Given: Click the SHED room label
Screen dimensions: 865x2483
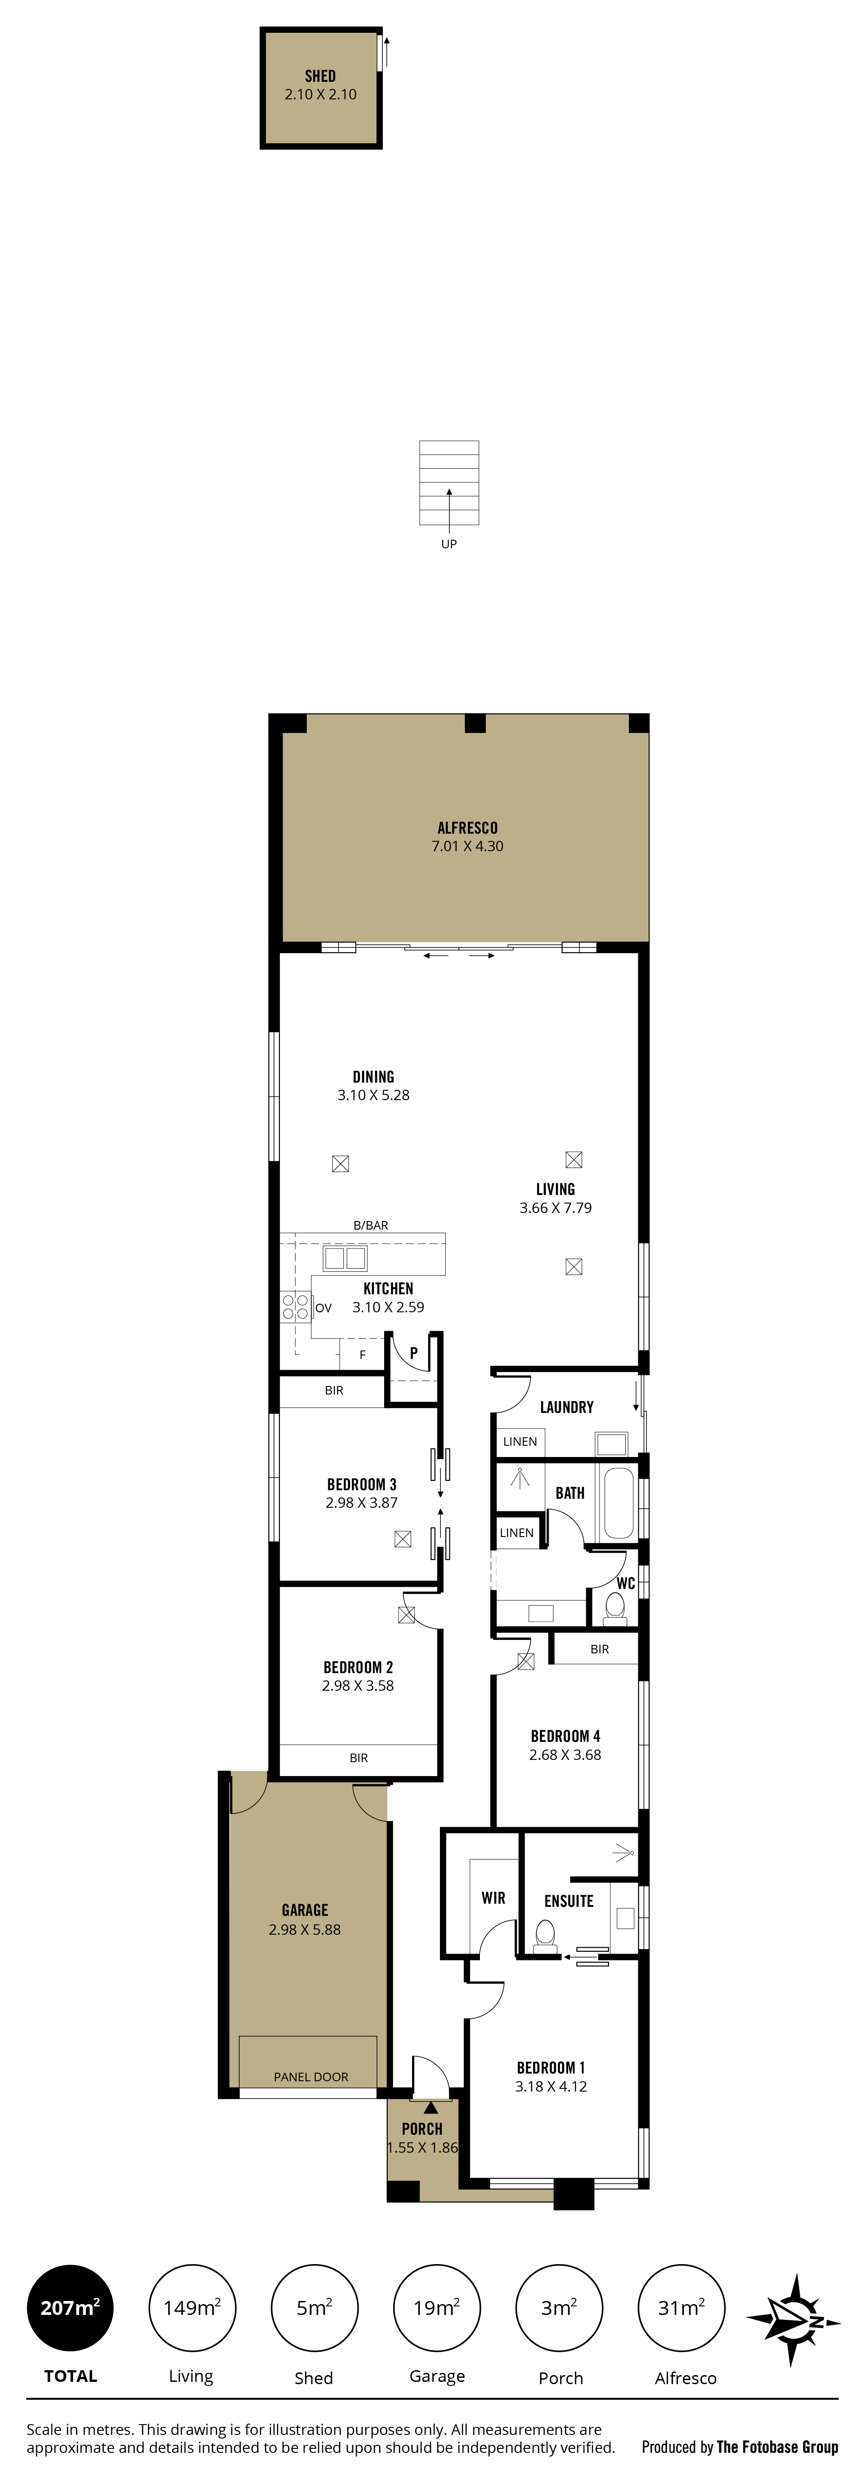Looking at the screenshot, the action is [320, 76].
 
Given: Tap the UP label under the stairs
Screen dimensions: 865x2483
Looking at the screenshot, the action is [448, 544].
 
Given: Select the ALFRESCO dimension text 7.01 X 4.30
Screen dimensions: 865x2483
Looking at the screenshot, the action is [468, 846].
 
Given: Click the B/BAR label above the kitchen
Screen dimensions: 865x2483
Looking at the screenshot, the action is [370, 1225].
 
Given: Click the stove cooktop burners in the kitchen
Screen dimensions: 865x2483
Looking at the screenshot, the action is [295, 1306].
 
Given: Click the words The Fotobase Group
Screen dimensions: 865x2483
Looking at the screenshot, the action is [777, 2446].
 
